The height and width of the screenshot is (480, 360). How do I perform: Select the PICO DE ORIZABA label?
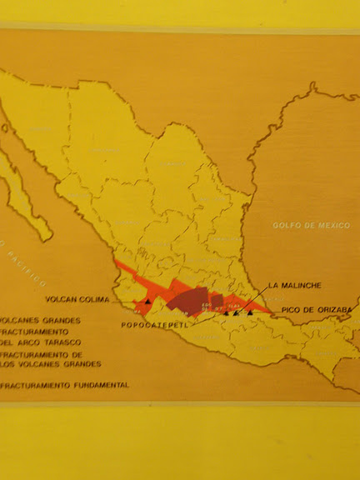coord(312,310)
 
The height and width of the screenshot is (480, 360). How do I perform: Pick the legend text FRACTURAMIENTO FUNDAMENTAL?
coord(65,386)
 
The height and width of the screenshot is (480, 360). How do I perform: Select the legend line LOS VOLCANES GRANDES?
coord(51,364)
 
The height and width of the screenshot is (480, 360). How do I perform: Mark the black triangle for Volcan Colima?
coord(148,301)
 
